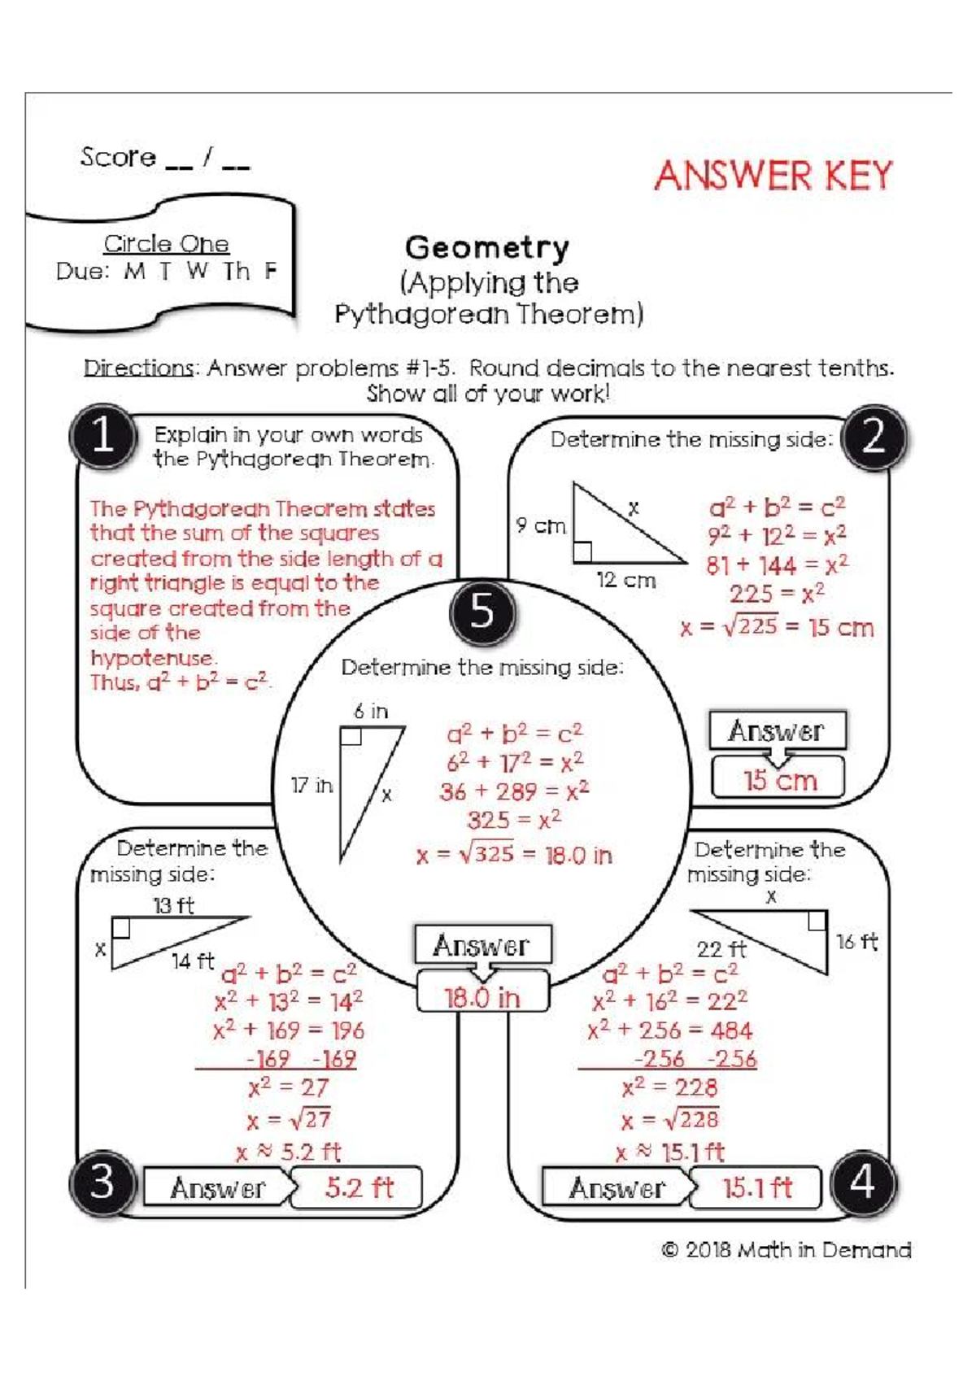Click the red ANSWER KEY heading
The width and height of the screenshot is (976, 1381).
[773, 176]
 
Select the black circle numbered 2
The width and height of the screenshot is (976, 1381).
[874, 437]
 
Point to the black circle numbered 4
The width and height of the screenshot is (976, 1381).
[863, 1182]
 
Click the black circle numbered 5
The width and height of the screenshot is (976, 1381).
[482, 611]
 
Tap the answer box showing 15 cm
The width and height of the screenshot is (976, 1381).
[778, 780]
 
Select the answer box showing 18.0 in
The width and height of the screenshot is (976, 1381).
[482, 997]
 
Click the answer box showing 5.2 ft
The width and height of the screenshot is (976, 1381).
[358, 1188]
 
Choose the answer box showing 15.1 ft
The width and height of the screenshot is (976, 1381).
[756, 1188]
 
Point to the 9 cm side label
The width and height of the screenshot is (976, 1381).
[540, 526]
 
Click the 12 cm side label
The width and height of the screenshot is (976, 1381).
[625, 580]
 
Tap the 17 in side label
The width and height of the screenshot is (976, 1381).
[312, 786]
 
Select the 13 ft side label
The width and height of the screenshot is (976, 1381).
[173, 905]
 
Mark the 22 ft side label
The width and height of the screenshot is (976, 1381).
[721, 949]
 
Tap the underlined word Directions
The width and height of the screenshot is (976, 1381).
[138, 368]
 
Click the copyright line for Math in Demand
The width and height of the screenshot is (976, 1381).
[786, 1250]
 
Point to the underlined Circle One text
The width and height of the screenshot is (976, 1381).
[166, 244]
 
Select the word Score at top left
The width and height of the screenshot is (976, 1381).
[118, 157]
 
